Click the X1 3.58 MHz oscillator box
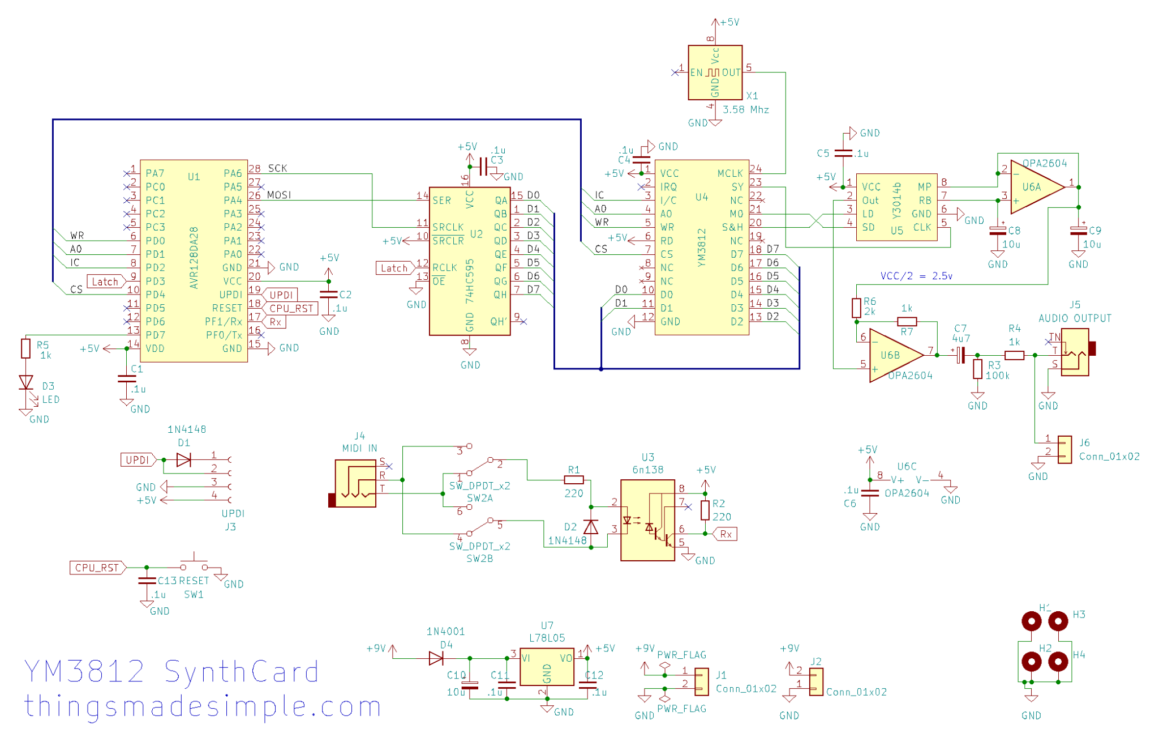[714, 73]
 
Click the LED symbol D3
[25, 383]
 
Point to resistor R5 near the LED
[25, 348]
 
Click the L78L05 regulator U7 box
[546, 667]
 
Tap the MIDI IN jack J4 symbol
[355, 483]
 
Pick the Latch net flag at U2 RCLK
[394, 268]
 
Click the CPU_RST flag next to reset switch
[97, 567]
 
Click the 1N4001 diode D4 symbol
[436, 658]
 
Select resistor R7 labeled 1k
[907, 321]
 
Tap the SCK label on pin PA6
[277, 168]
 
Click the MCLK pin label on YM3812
[729, 173]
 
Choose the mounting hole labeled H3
[1058, 621]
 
